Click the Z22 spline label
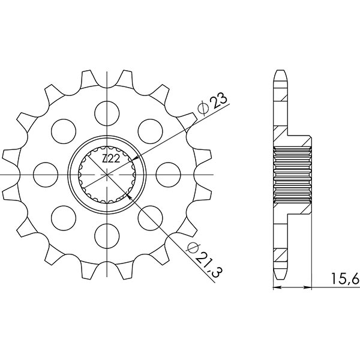(x=110, y=159)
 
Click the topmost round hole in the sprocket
(x=107, y=112)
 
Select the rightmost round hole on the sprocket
(x=169, y=174)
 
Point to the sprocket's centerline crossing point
(x=107, y=174)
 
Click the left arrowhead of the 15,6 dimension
(x=276, y=288)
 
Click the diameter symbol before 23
(x=203, y=109)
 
